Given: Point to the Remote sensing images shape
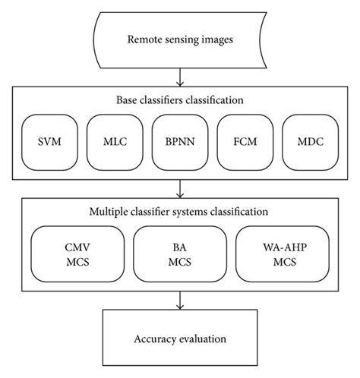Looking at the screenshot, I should pyautogui.click(x=180, y=38).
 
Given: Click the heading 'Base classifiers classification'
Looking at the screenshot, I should pyautogui.click(x=180, y=100).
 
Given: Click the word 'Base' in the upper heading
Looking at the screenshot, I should pyautogui.click(x=128, y=100).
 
